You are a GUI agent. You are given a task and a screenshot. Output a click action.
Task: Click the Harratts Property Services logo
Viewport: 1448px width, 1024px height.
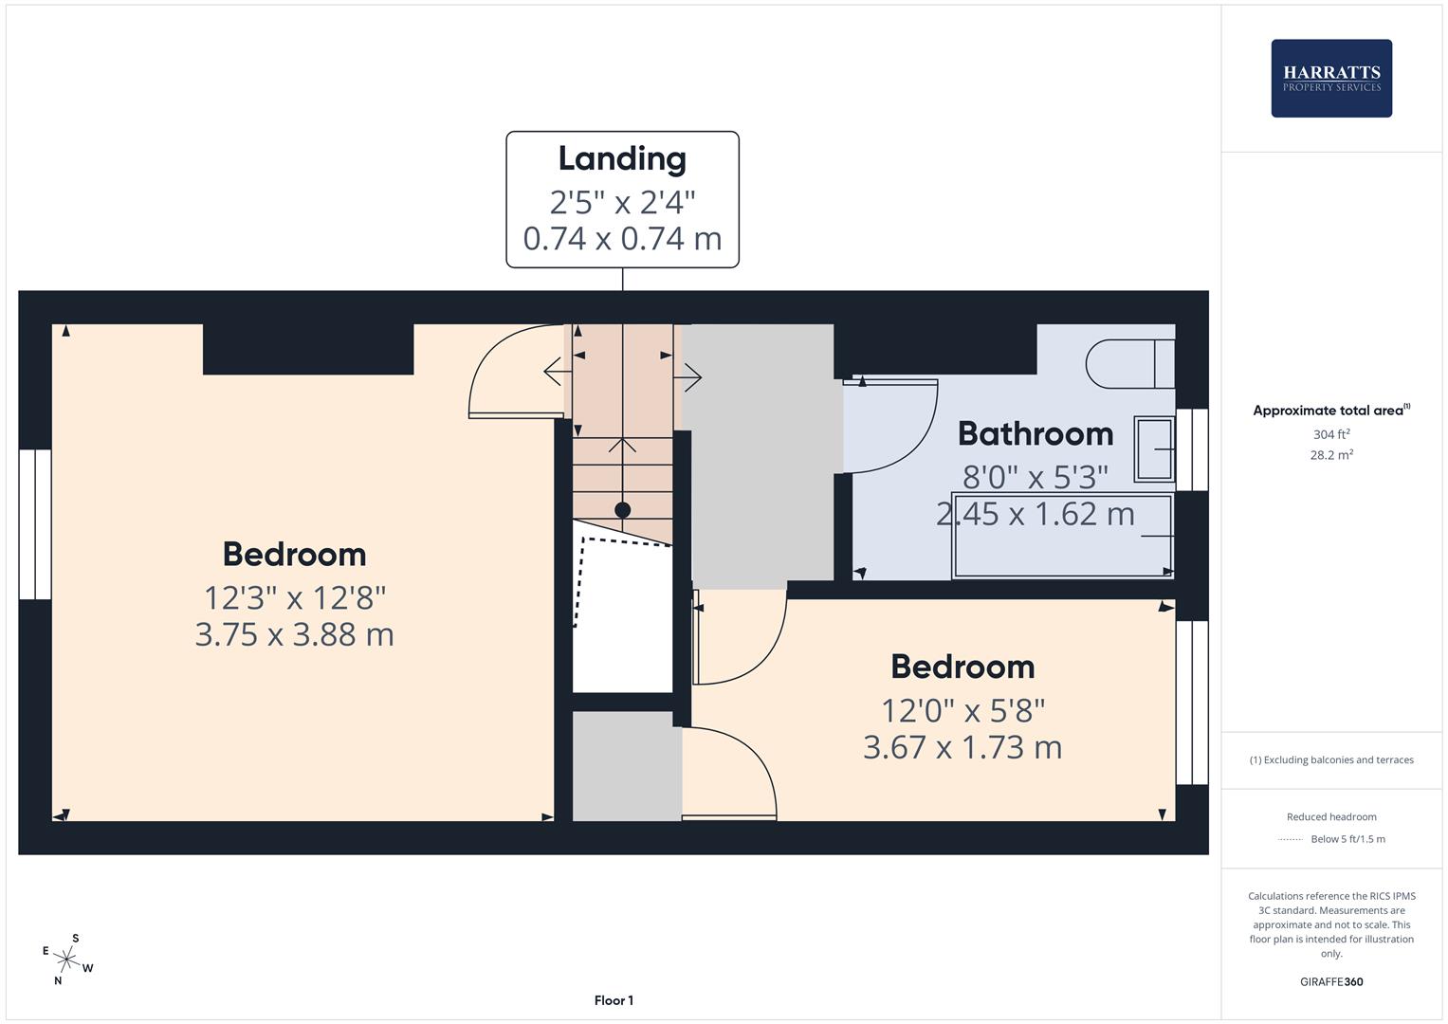pyautogui.click(x=1331, y=78)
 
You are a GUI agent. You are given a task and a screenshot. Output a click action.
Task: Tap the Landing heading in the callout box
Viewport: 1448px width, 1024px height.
pyautogui.click(x=622, y=159)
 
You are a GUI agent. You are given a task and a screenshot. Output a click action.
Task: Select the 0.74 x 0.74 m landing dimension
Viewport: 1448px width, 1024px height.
pyautogui.click(x=622, y=239)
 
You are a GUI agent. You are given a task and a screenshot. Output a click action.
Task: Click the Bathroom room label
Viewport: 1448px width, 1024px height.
pyautogui.click(x=1036, y=433)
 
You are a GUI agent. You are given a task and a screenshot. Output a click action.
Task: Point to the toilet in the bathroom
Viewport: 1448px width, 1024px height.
pyautogui.click(x=1130, y=364)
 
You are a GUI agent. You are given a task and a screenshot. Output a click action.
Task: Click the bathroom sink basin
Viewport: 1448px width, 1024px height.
pyautogui.click(x=1155, y=449)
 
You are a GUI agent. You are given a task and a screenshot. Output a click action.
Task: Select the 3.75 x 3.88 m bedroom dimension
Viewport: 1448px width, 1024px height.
pyautogui.click(x=295, y=635)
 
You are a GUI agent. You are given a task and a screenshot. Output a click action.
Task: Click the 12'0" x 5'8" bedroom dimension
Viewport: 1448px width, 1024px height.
pyautogui.click(x=963, y=711)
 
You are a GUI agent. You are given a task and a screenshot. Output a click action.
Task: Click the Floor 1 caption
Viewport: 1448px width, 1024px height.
pyautogui.click(x=614, y=1000)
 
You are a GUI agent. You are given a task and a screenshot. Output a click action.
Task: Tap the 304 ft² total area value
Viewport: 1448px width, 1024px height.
pyautogui.click(x=1331, y=434)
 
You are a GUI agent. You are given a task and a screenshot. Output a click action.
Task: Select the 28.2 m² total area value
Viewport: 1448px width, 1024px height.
pyautogui.click(x=1331, y=454)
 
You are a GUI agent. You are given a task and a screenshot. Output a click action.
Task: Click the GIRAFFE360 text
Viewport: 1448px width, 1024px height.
pyautogui.click(x=1331, y=982)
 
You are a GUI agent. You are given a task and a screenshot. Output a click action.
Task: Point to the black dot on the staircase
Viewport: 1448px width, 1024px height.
pyautogui.click(x=622, y=510)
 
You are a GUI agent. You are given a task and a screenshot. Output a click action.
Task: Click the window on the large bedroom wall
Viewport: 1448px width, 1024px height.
pyautogui.click(x=35, y=524)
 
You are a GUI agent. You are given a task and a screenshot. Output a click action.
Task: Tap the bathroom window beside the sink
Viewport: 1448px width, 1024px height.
pyautogui.click(x=1192, y=449)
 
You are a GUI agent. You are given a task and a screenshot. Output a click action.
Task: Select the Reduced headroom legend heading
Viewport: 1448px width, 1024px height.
pyautogui.click(x=1331, y=817)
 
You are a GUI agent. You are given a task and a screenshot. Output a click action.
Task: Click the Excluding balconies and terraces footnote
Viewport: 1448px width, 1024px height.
pyautogui.click(x=1331, y=760)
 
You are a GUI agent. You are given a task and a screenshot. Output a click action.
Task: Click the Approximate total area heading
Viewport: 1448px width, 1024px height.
pyautogui.click(x=1331, y=410)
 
